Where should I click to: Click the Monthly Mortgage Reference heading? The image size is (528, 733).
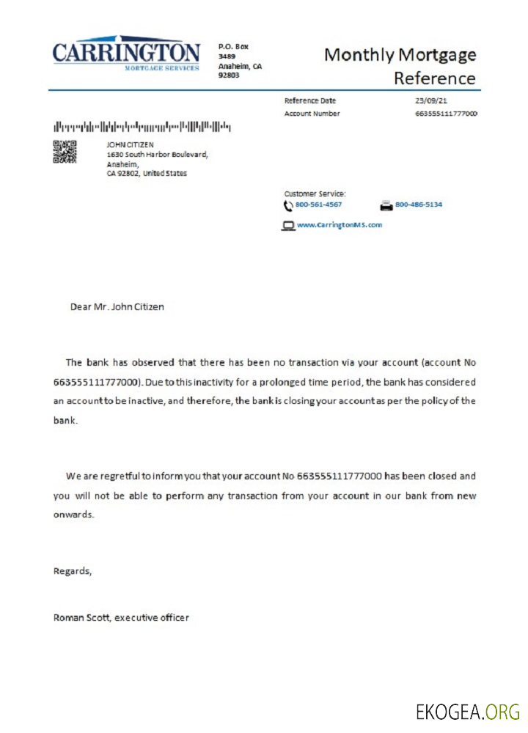(x=400, y=66)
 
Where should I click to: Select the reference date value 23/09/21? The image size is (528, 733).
(x=430, y=100)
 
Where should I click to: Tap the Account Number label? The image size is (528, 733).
(x=312, y=114)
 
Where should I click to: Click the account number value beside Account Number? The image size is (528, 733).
(x=446, y=114)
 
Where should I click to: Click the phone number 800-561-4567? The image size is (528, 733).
(x=318, y=205)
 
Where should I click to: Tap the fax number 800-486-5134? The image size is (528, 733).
(x=419, y=205)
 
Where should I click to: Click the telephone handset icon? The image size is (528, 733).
(x=288, y=205)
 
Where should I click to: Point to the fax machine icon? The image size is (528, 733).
(x=386, y=205)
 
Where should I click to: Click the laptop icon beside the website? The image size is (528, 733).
(x=288, y=226)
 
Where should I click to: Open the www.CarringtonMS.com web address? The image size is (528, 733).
(x=340, y=225)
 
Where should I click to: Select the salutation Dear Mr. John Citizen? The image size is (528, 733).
(x=117, y=306)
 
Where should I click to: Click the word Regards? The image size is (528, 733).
(x=73, y=570)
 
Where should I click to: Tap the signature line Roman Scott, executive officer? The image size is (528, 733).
(x=121, y=617)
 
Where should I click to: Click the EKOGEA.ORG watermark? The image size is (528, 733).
(x=467, y=711)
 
